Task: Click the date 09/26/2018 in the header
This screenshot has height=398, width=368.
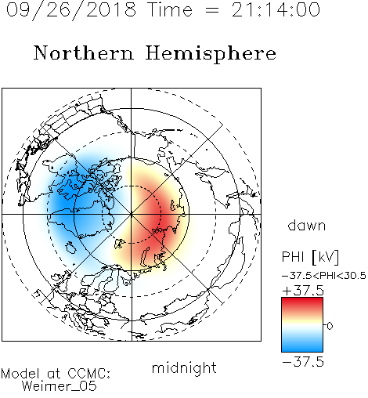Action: coord(71,10)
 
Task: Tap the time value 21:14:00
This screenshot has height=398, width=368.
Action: coord(276,9)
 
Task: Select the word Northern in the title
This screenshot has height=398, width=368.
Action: coord(84,52)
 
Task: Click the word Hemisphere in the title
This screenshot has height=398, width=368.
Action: coord(211,54)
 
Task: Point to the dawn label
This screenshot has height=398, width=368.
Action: coord(307,225)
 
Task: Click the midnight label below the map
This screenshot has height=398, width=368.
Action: coord(184,368)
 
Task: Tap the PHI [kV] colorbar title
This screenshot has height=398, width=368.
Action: coord(310,257)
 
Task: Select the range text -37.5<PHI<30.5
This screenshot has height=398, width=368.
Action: coord(324,276)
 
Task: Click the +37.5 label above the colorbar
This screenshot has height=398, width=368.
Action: coord(303,290)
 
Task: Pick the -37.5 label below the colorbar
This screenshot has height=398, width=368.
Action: coord(303,362)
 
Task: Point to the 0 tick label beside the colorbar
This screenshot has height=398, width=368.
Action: coord(330,326)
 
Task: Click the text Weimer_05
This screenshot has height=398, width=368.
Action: coord(60,386)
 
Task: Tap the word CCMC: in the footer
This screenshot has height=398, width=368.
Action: coord(89,374)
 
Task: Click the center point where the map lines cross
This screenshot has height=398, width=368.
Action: coord(132,215)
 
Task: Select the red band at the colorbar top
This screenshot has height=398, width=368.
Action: coord(302,303)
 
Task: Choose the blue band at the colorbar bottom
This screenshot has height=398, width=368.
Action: coord(302,346)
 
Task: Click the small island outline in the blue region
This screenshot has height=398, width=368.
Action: coord(70,248)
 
